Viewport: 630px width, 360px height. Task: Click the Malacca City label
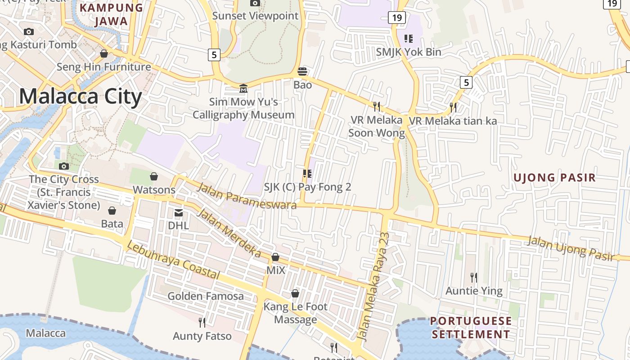tap(81, 97)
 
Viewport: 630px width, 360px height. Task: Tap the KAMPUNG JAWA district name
tap(111, 14)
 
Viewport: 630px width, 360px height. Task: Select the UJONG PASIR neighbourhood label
tap(554, 177)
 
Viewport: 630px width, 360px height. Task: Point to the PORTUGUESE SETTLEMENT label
tap(471, 328)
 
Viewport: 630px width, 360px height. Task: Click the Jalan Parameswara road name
tap(247, 197)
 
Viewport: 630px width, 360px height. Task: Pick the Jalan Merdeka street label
tap(229, 233)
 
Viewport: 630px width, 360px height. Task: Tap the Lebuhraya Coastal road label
tap(173, 260)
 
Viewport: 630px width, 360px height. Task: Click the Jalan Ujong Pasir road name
tap(571, 248)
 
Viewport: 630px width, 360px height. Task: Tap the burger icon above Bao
tap(302, 71)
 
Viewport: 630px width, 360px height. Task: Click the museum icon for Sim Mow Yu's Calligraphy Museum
tap(243, 88)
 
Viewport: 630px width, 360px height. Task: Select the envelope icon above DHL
tap(179, 212)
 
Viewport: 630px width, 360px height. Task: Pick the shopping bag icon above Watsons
tap(154, 176)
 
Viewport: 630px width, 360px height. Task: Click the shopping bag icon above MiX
tap(275, 257)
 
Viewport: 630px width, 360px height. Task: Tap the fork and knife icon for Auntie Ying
tap(473, 277)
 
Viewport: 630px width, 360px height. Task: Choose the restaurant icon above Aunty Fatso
tap(202, 322)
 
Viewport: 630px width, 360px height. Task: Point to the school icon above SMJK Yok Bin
tap(408, 38)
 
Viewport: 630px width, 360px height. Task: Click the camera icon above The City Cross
tap(64, 166)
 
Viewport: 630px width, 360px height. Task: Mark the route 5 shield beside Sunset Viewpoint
tap(214, 55)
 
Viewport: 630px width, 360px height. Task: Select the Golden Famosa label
tap(206, 296)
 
